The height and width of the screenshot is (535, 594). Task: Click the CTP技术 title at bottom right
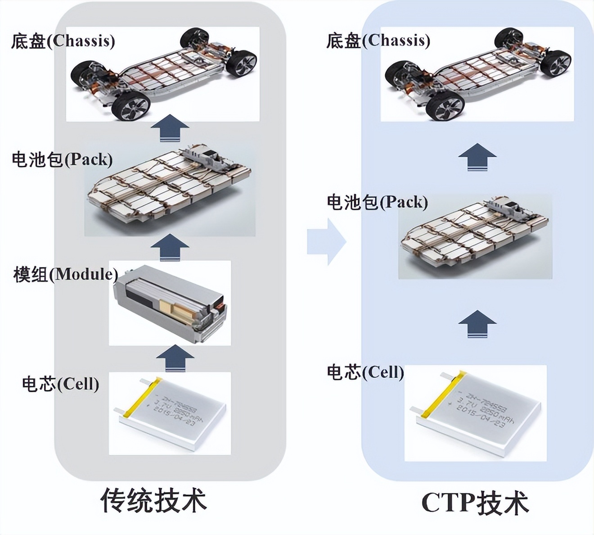475,503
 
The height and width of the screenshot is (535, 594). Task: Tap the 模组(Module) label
66,274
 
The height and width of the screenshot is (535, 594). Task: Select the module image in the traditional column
171,303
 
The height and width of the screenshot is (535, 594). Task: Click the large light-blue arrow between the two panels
327,242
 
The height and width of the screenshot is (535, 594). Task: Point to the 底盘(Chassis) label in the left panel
63,41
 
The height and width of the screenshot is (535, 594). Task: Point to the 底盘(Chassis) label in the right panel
378,41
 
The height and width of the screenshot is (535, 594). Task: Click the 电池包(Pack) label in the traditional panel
62,159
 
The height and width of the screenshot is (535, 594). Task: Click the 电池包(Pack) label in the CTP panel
377,202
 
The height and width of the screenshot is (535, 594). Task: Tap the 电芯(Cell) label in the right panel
365,372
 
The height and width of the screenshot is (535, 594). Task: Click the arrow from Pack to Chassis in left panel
170,129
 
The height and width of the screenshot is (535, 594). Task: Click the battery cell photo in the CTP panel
475,413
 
